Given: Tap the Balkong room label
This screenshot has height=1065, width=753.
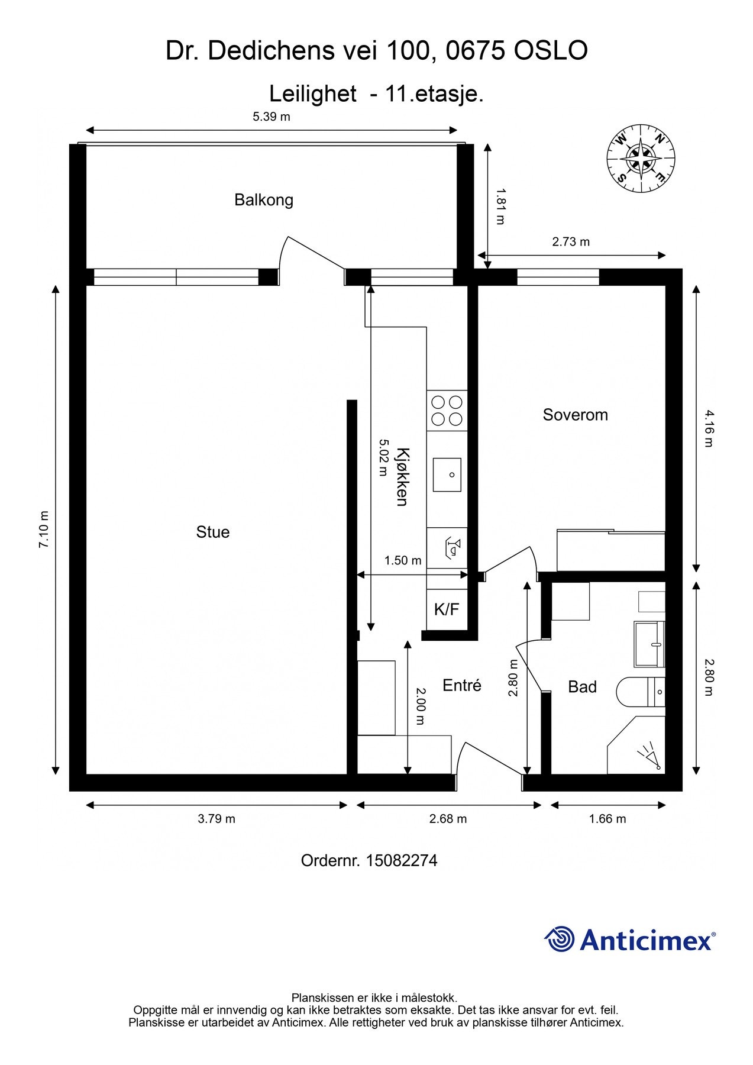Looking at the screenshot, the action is click(264, 200).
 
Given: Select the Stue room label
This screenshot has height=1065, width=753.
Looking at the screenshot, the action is click(213, 532).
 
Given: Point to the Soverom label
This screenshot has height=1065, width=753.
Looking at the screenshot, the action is click(576, 415).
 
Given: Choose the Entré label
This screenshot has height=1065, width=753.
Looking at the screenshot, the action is click(462, 685).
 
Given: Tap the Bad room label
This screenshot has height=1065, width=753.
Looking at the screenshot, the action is click(582, 687).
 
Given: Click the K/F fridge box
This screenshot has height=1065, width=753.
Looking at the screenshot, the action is click(447, 609).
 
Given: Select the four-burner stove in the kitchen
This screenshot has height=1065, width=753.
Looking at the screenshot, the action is click(447, 411).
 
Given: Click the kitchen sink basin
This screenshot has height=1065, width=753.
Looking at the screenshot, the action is click(447, 474).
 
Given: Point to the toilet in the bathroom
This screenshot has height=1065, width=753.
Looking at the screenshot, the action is click(641, 692).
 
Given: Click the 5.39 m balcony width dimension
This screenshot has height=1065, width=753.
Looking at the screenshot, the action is click(272, 117).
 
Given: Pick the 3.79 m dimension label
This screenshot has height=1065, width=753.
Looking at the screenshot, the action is click(216, 819).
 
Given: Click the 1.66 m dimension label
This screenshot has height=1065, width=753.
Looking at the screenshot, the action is click(607, 819).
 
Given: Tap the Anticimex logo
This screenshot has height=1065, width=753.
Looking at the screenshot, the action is click(630, 939).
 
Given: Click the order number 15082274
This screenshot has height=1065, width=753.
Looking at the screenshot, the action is click(402, 860).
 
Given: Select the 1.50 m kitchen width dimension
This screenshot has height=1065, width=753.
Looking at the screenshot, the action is click(403, 560).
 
